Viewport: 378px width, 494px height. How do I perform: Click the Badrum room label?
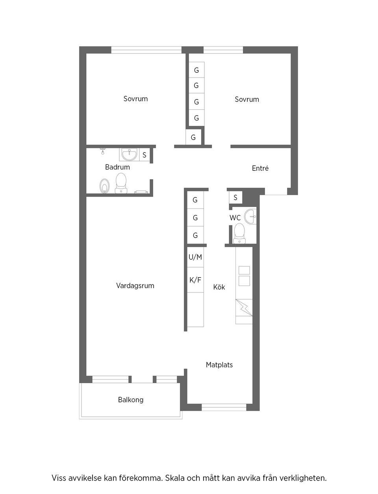(x=117, y=167)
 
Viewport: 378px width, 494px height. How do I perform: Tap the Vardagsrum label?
(x=135, y=286)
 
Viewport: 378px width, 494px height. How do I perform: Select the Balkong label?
(x=131, y=400)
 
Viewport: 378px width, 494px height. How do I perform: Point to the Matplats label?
(x=219, y=365)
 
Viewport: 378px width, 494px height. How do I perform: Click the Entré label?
(x=260, y=168)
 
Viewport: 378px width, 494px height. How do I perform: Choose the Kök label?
(x=219, y=287)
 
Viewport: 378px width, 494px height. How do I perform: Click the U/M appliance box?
(x=195, y=257)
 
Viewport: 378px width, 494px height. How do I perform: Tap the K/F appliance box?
(x=195, y=280)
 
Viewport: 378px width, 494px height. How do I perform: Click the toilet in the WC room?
(x=239, y=233)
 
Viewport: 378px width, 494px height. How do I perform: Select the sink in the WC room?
(x=250, y=216)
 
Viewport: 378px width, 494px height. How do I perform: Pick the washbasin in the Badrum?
(x=129, y=155)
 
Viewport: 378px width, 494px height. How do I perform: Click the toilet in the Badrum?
(x=121, y=184)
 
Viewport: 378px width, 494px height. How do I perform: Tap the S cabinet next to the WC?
(x=235, y=197)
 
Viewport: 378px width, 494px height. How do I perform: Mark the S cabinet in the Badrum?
(x=145, y=155)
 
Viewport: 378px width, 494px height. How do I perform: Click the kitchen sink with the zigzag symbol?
(x=244, y=307)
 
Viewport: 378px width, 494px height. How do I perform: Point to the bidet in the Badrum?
(x=104, y=186)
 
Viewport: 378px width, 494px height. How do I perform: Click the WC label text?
(x=235, y=218)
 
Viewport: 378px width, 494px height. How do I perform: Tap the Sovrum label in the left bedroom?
(x=135, y=99)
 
